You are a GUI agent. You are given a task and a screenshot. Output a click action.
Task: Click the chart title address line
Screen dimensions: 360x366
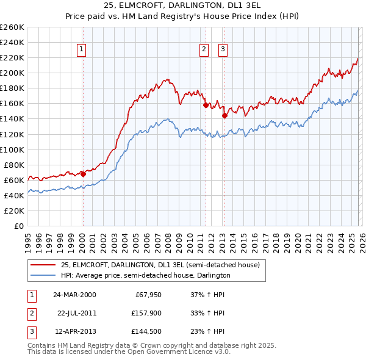pos(183,6)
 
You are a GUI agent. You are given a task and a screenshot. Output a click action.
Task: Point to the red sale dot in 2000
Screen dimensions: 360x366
pos(83,173)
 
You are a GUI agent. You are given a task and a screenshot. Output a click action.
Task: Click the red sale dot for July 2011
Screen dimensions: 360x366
pos(206,104)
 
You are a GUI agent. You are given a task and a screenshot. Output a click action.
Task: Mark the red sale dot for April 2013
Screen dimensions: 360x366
pos(224,115)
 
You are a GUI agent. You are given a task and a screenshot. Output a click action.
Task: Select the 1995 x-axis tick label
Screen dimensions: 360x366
pos(27,239)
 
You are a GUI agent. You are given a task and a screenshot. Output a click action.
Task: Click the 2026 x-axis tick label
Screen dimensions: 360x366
pos(361,239)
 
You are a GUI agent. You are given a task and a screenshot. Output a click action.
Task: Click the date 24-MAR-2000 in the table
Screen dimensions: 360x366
pos(74,295)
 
